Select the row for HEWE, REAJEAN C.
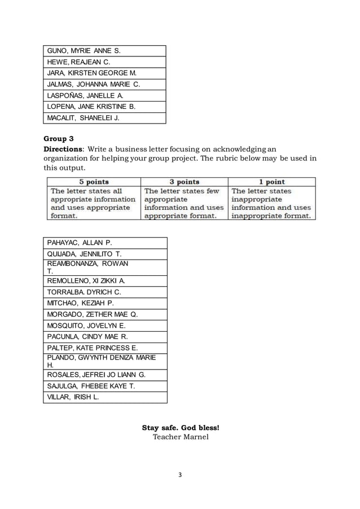[78, 62]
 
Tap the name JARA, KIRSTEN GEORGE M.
[91, 73]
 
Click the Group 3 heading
[59, 138]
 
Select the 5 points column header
[94, 182]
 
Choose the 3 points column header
[185, 182]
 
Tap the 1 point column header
[271, 182]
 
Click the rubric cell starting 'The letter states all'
[93, 203]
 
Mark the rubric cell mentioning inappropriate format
[271, 203]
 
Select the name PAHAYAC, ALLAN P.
[80, 243]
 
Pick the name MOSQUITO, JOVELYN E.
[86, 326]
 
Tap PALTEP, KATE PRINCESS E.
[92, 348]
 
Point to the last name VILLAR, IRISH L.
[73, 397]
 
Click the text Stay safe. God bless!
[180, 427]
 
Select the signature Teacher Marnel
[180, 437]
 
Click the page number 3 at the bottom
[180, 475]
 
